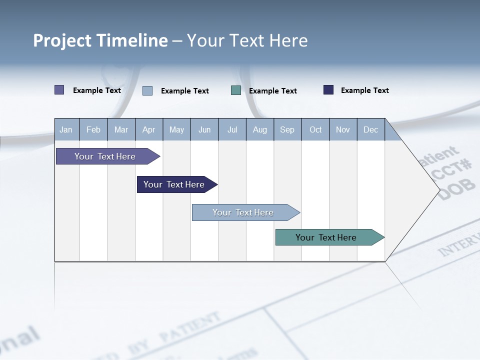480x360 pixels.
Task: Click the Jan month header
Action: point(66,129)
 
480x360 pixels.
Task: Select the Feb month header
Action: point(93,129)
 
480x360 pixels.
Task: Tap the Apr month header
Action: point(148,129)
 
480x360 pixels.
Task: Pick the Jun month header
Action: point(204,129)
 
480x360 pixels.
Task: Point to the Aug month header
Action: point(259,129)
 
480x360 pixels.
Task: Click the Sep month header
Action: point(287,129)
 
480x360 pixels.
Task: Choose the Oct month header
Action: point(315,129)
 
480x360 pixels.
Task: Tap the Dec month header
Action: point(370,129)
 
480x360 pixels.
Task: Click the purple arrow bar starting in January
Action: point(105,156)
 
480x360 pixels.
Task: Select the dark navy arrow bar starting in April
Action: point(174,184)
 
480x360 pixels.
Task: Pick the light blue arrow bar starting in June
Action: point(243,212)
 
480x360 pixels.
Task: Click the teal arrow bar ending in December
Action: point(326,237)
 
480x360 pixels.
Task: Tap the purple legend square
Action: point(59,90)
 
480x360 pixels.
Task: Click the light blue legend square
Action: point(147,90)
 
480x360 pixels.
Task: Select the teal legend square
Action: point(236,90)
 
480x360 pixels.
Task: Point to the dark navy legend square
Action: point(328,90)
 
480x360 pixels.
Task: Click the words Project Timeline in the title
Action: point(100,40)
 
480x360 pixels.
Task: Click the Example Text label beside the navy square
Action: point(364,90)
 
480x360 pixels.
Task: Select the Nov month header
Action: point(343,129)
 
